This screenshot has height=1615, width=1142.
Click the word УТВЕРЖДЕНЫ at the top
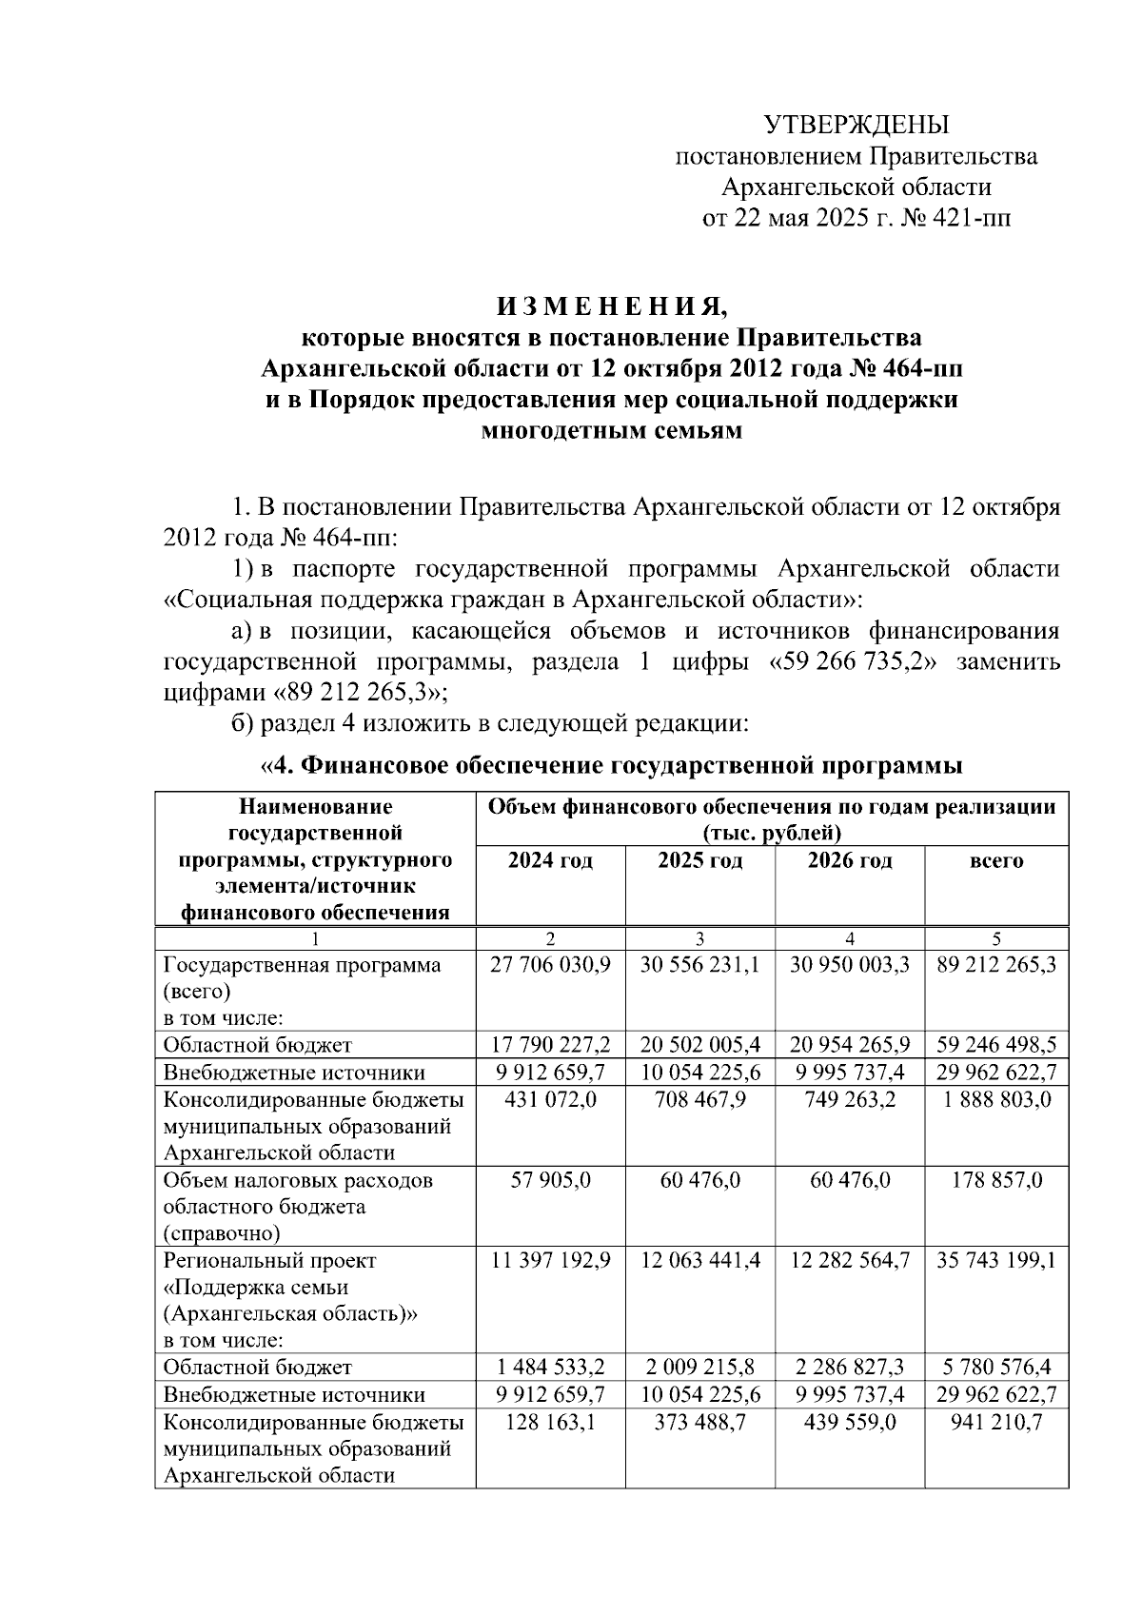tap(856, 125)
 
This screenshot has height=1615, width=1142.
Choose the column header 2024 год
tap(550, 861)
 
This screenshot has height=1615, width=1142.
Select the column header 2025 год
tap(699, 861)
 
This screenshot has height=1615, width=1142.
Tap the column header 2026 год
tap(850, 861)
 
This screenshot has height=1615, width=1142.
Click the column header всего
tap(995, 861)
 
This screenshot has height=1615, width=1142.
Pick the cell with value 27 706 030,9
tap(550, 965)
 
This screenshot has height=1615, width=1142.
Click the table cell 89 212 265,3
tap(996, 965)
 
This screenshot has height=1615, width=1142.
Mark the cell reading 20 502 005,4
tap(699, 1045)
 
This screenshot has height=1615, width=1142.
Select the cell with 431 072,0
tap(550, 1100)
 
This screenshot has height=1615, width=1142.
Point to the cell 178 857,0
tap(996, 1181)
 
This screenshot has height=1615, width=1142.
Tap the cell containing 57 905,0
tap(550, 1181)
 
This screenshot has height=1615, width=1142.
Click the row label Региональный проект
tap(270, 1261)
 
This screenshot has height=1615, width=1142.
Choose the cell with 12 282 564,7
tap(850, 1261)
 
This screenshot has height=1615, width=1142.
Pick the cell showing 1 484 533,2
tap(550, 1368)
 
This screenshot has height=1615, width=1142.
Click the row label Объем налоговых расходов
tap(298, 1181)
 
